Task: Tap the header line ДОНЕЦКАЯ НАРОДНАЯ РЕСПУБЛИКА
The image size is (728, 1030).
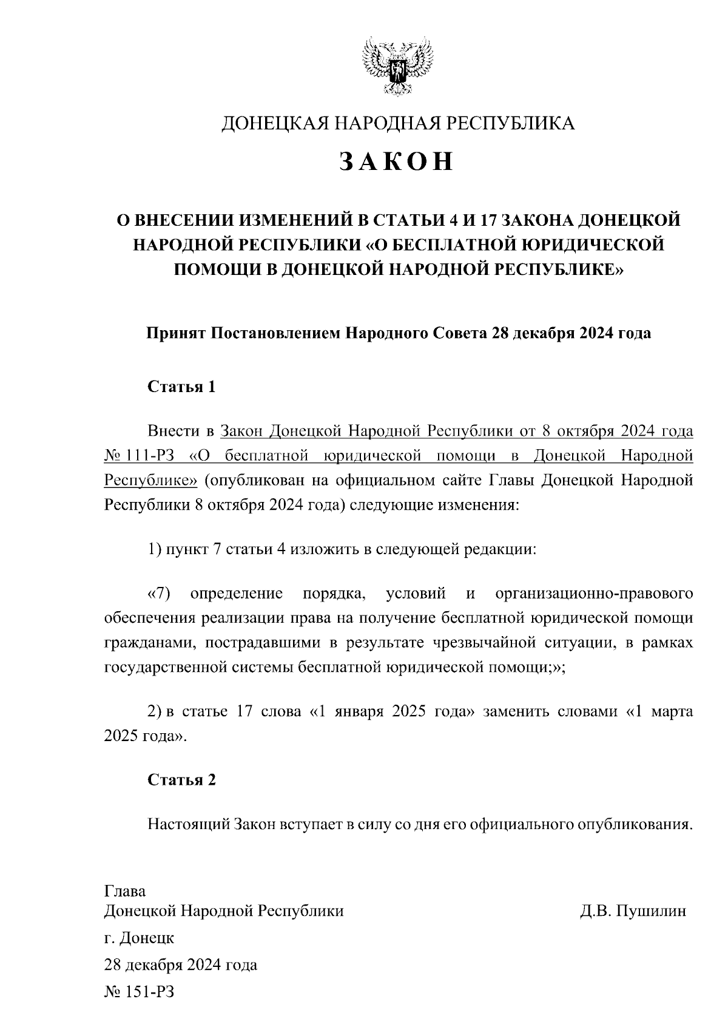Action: [397, 123]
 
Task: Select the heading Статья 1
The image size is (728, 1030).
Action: [181, 387]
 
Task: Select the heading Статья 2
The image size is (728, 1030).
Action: [181, 780]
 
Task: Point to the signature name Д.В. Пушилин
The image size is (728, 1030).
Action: [633, 911]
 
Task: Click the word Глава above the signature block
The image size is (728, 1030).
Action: [125, 892]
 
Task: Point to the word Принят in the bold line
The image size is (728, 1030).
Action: [175, 333]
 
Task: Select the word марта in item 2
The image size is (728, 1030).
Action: [672, 711]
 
